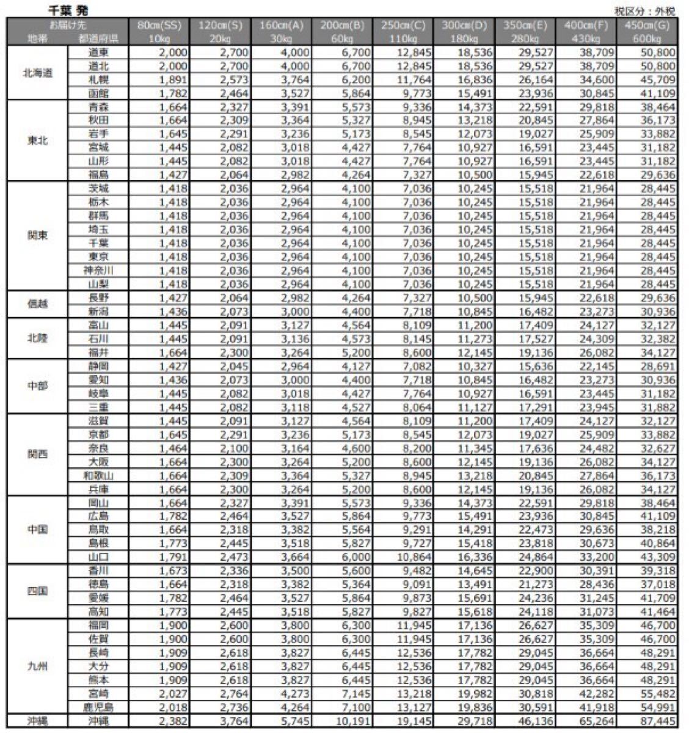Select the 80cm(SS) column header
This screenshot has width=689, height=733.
[x=160, y=26]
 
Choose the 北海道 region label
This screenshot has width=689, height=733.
[x=37, y=73]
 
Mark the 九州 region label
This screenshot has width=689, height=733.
[x=37, y=666]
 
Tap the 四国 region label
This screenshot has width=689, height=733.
[x=37, y=591]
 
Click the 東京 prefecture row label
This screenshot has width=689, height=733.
[x=98, y=257]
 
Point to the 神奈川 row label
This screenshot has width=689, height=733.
[x=98, y=270]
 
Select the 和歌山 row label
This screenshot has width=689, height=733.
[x=98, y=475]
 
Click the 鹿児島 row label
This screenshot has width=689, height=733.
[x=98, y=707]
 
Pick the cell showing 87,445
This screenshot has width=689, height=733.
[x=655, y=721]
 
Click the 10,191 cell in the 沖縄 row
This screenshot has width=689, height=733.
[x=351, y=721]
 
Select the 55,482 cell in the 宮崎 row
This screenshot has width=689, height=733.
[x=655, y=693]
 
